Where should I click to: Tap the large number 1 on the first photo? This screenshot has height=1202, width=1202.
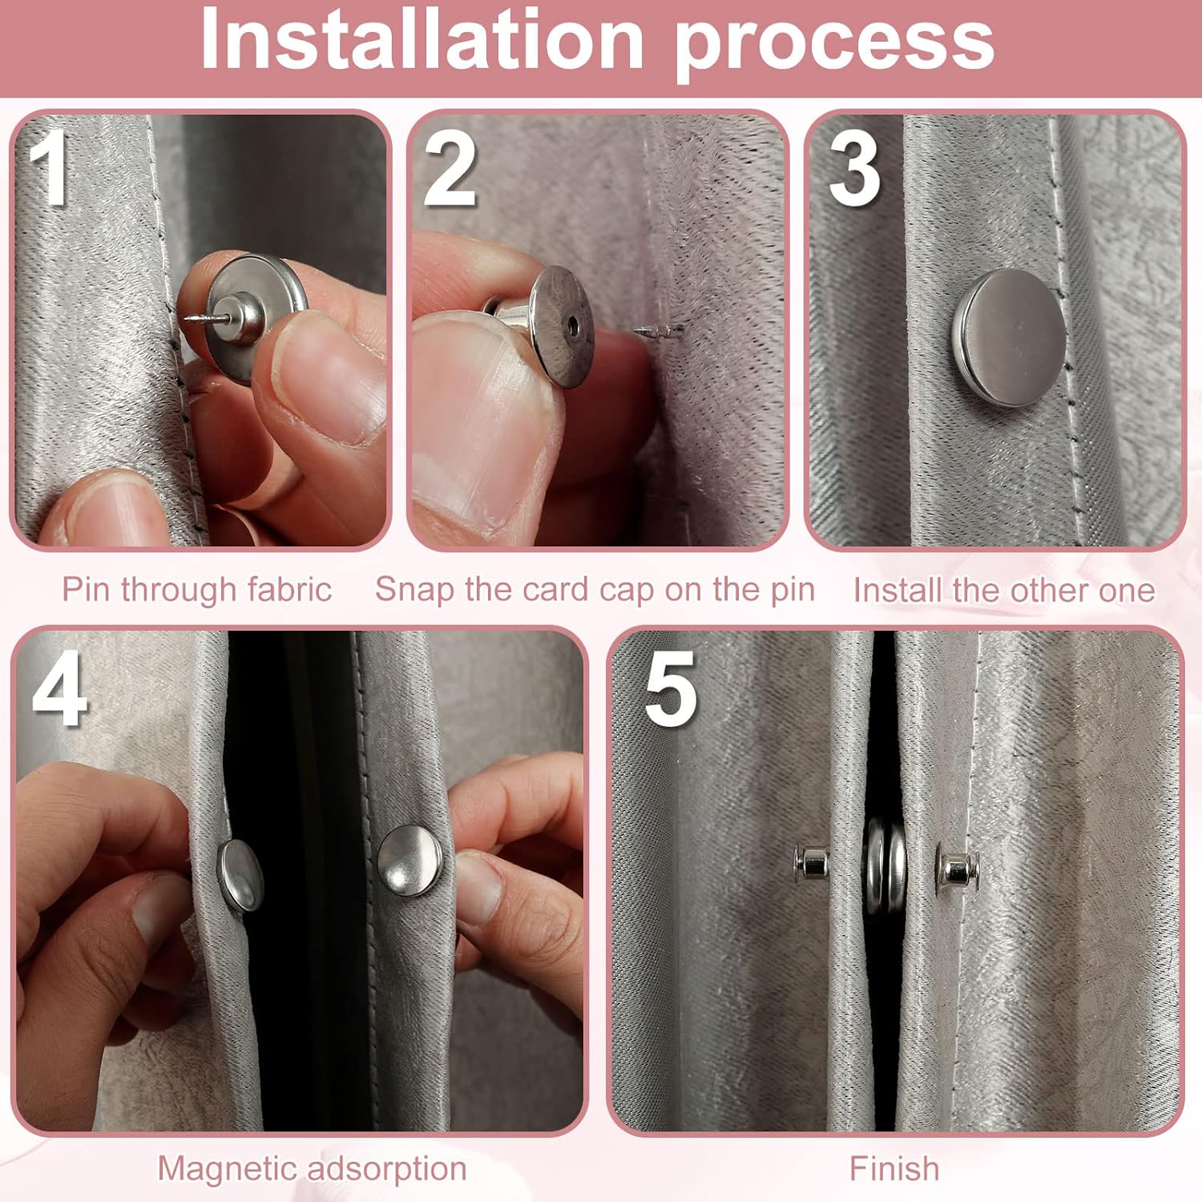click(50, 167)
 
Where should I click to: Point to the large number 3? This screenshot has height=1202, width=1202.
click(854, 169)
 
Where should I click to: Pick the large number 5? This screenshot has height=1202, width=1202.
click(671, 688)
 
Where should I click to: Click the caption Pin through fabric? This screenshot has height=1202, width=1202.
click(197, 590)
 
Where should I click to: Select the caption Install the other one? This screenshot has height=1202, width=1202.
click(1004, 591)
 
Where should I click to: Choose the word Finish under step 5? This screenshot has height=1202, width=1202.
click(894, 1168)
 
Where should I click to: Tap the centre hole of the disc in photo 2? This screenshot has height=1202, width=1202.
click(571, 326)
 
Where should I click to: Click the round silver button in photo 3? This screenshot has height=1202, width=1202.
click(1008, 337)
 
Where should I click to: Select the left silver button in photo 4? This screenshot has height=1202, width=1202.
click(240, 874)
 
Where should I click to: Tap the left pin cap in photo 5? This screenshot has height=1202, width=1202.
click(812, 864)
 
